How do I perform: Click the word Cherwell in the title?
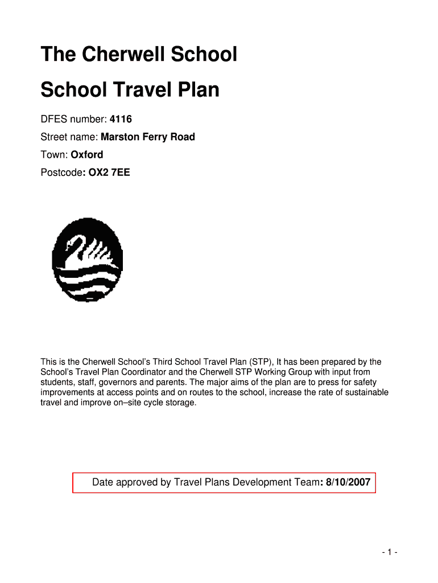117,55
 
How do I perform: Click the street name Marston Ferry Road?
148,137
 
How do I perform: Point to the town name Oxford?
87,154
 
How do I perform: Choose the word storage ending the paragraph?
180,403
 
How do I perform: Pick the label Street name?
69,137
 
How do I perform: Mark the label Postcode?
61,172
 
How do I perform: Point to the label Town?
54,154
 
